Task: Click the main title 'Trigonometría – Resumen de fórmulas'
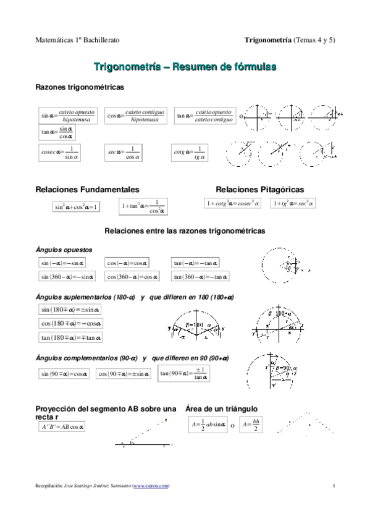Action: click(185, 65)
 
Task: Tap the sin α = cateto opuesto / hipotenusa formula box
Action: click(66, 115)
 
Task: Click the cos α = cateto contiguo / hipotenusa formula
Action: click(135, 115)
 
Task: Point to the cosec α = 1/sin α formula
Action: click(59, 153)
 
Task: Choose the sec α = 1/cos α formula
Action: click(124, 153)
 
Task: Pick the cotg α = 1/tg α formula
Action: click(190, 153)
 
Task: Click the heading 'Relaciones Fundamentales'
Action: click(87, 189)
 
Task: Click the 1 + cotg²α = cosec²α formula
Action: click(233, 203)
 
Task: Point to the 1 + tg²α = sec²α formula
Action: click(293, 203)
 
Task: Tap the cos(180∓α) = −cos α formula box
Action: click(71, 323)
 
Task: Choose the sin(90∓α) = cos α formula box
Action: click(64, 373)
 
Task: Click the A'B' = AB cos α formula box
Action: click(62, 426)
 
